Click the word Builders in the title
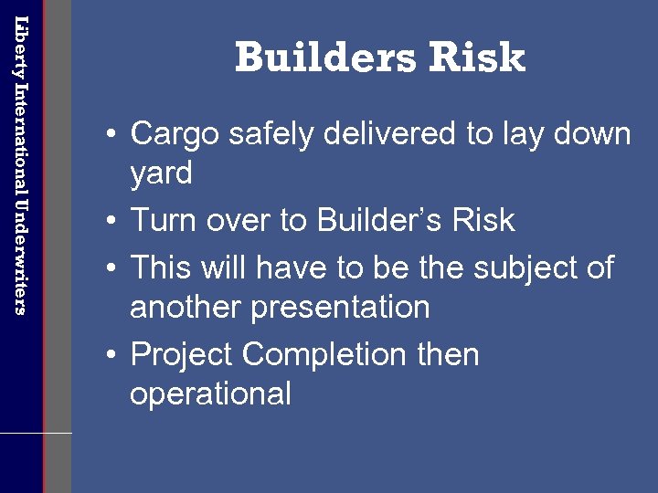(x=310, y=58)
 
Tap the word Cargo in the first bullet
(x=174, y=135)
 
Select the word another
(x=185, y=308)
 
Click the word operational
(x=210, y=394)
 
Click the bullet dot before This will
(x=110, y=269)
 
